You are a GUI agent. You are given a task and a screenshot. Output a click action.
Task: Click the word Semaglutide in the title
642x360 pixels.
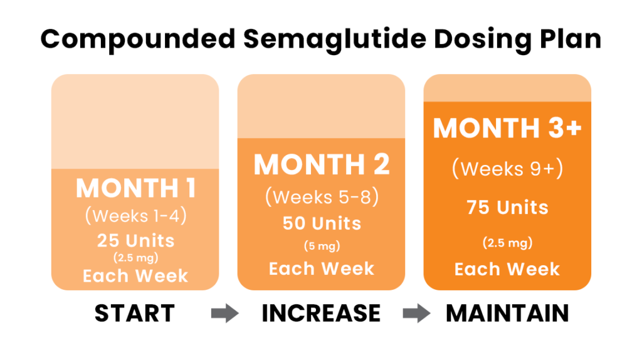click(x=335, y=40)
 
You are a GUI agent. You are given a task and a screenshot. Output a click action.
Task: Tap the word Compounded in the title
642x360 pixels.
click(x=138, y=40)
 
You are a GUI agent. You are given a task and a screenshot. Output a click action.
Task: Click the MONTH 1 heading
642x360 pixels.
click(x=136, y=188)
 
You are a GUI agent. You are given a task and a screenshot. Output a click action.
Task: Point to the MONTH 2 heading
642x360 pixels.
click(x=322, y=164)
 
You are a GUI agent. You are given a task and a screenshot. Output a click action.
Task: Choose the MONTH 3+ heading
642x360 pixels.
click(x=507, y=128)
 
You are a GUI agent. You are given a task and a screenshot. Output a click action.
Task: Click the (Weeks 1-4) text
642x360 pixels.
click(x=136, y=216)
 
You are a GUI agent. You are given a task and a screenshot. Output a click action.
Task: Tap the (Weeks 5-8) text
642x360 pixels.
click(x=322, y=197)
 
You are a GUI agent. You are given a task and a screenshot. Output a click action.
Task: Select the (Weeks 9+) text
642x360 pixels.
click(x=507, y=169)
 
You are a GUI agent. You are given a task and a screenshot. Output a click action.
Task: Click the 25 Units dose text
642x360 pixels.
click(x=136, y=240)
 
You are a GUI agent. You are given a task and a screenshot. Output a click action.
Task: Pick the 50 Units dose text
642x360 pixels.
click(x=322, y=223)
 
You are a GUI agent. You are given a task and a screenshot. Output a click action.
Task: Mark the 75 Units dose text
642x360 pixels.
click(x=507, y=207)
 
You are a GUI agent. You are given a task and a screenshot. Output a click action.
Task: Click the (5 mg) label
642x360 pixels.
click(x=322, y=246)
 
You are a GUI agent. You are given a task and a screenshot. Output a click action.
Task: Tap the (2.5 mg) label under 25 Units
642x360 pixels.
click(x=136, y=258)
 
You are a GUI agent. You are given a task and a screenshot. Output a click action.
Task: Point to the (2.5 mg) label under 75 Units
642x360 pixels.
click(x=507, y=243)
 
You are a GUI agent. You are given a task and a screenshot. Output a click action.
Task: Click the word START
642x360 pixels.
click(x=135, y=314)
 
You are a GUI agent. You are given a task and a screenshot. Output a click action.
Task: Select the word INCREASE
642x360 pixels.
click(x=321, y=314)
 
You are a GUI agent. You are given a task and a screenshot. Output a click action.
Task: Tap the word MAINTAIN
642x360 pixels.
click(x=507, y=314)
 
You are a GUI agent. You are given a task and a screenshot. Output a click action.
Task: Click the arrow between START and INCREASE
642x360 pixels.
click(x=225, y=314)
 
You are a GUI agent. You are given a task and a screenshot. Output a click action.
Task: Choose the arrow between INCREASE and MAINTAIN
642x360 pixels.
click(x=416, y=314)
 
